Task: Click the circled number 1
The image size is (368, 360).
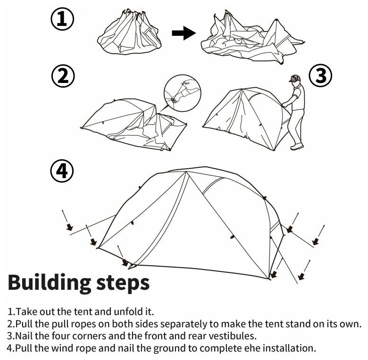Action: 62,20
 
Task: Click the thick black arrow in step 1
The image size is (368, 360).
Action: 183,33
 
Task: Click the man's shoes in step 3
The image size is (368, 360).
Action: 296,147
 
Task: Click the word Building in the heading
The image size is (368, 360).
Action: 50,283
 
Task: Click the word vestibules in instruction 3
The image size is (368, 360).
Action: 234,336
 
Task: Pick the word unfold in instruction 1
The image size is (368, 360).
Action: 127,312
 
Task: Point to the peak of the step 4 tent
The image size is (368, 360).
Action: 186,172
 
